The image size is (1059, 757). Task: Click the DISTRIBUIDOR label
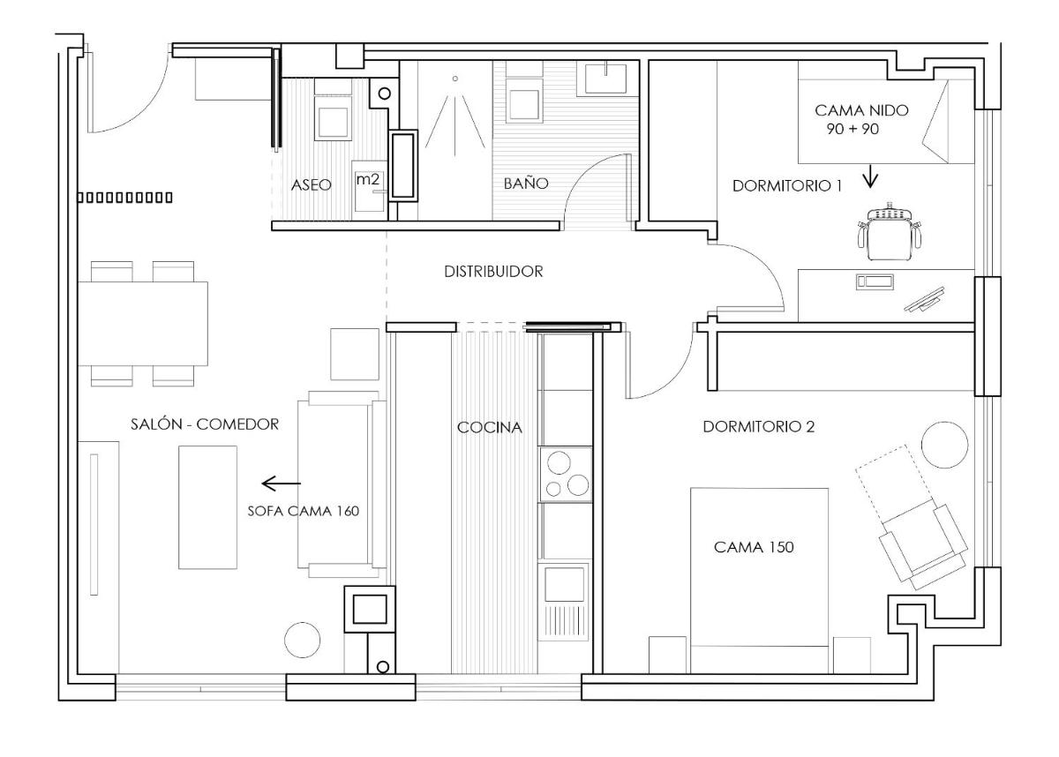pyautogui.click(x=493, y=271)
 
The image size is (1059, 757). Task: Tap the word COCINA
pyautogui.click(x=490, y=427)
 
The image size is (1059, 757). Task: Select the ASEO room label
pyautogui.click(x=311, y=184)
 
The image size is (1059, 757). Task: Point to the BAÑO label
pyautogui.click(x=526, y=183)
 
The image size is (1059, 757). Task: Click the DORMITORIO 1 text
pyautogui.click(x=787, y=185)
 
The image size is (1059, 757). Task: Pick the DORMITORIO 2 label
pyautogui.click(x=759, y=427)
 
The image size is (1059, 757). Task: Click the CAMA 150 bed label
pyautogui.click(x=754, y=547)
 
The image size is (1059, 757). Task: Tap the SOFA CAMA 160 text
pyautogui.click(x=304, y=511)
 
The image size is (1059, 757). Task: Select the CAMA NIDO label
pyautogui.click(x=861, y=110)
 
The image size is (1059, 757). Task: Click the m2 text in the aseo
pyautogui.click(x=367, y=179)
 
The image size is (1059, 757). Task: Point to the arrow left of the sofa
pyautogui.click(x=281, y=483)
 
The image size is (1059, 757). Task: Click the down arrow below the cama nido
pyautogui.click(x=870, y=176)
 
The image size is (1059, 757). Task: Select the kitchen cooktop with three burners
pyautogui.click(x=566, y=474)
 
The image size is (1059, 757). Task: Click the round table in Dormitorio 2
pyautogui.click(x=944, y=446)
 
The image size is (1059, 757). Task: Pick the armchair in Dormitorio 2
pyautogui.click(x=923, y=546)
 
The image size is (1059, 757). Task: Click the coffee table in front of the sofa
pyautogui.click(x=207, y=507)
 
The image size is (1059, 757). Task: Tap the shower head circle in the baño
pyautogui.click(x=454, y=79)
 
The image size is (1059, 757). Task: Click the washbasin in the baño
pyautogui.click(x=605, y=79)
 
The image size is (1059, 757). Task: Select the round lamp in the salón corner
pyautogui.click(x=302, y=640)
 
